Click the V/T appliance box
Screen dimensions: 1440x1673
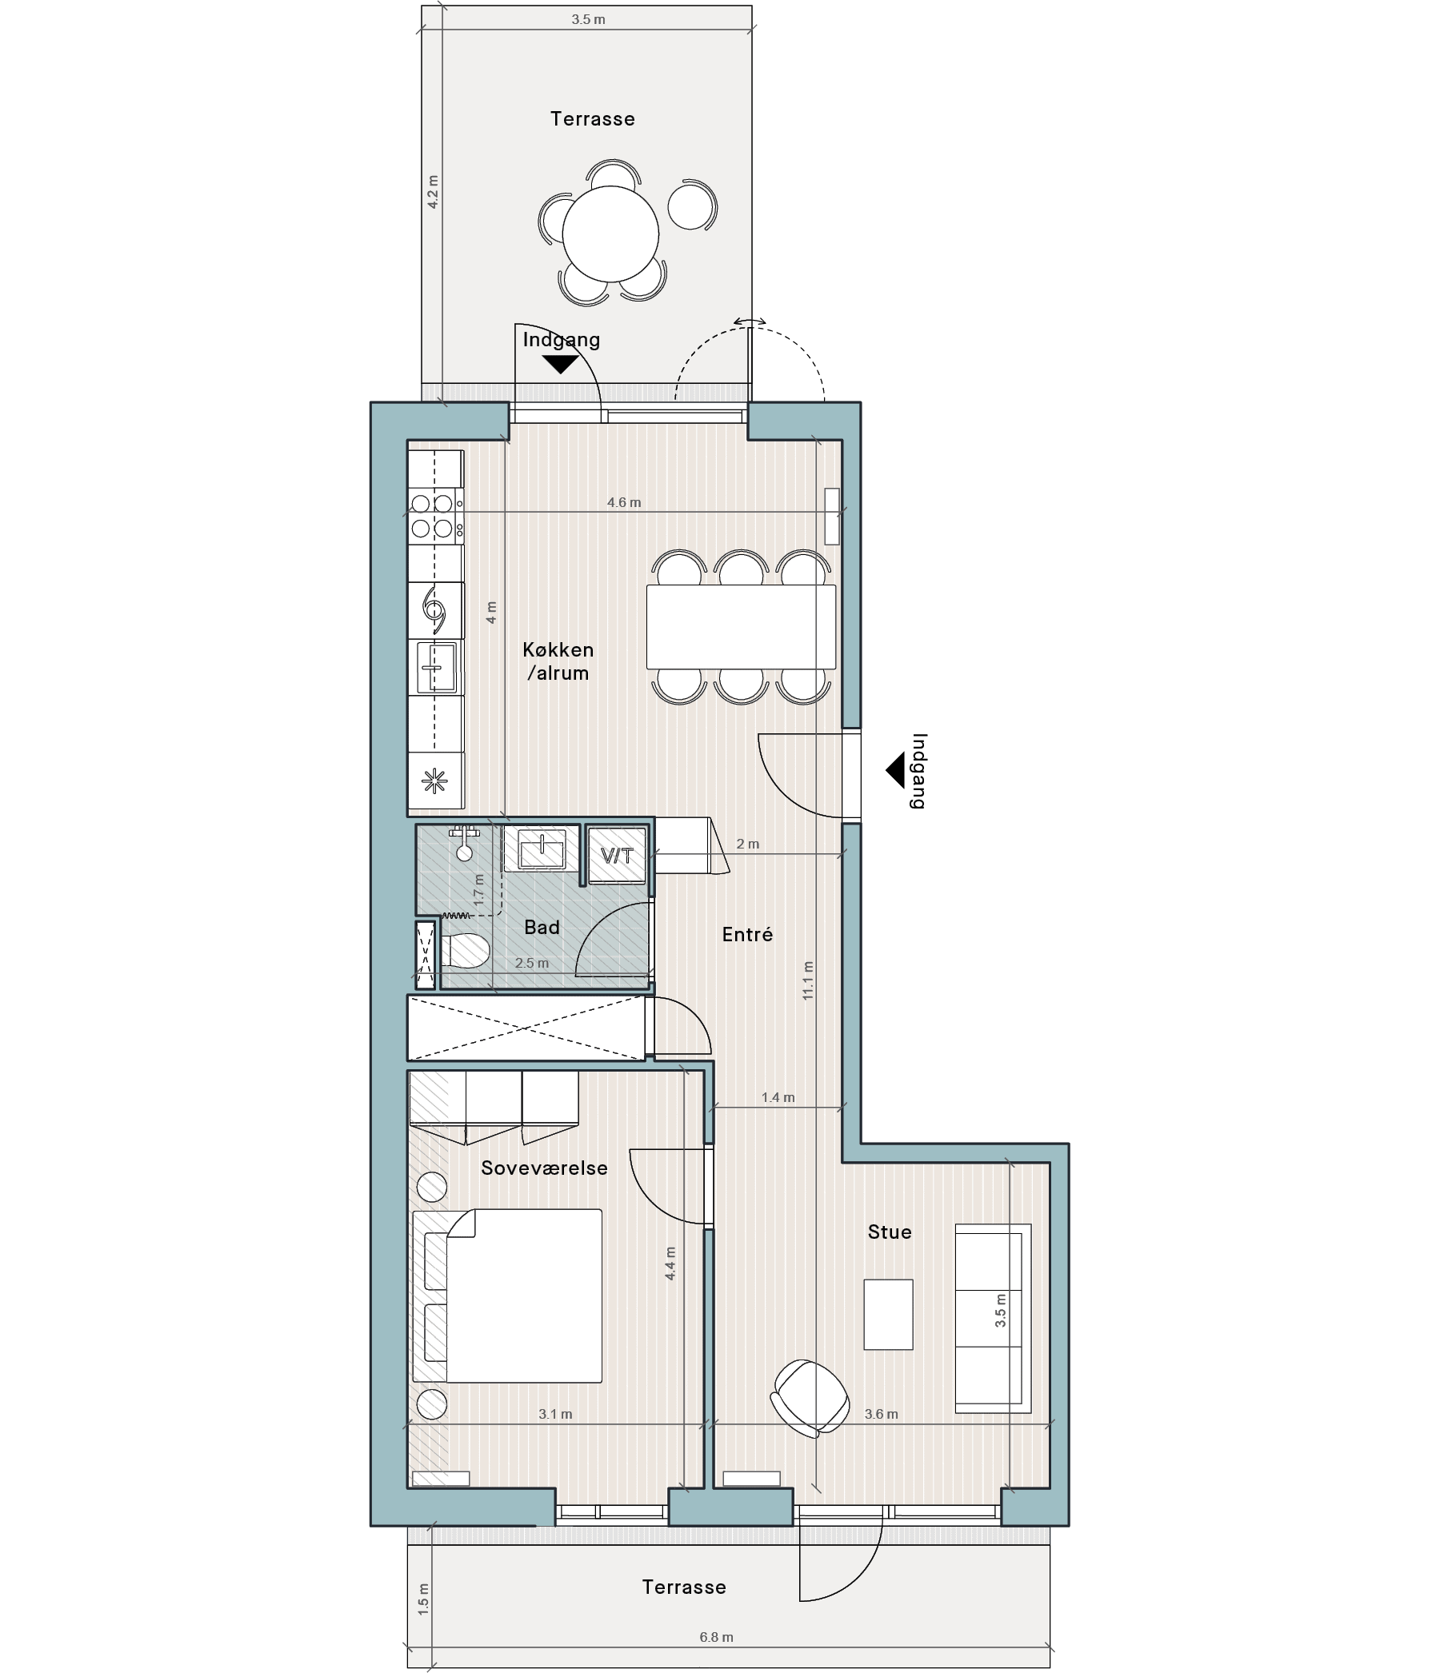[x=617, y=855]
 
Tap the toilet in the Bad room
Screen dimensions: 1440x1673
[x=465, y=951]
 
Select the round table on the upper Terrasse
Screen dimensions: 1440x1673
[x=610, y=234]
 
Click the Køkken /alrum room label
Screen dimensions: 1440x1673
[x=558, y=661]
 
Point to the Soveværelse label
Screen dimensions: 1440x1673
[x=544, y=1168]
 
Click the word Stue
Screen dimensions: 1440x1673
[x=889, y=1232]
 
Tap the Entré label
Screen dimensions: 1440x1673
[x=747, y=934]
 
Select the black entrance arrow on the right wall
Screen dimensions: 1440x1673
[x=895, y=770]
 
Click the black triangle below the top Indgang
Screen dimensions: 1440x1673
[x=560, y=364]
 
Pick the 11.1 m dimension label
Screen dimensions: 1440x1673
[x=809, y=981]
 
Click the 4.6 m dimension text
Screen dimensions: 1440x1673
[x=624, y=502]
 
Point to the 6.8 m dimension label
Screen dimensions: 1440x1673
[x=716, y=1638]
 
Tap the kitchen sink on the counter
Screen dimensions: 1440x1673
[x=436, y=668]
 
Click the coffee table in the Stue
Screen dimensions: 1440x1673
[x=888, y=1314]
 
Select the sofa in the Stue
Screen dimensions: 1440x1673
[x=993, y=1319]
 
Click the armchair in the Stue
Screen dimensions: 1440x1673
[x=810, y=1398]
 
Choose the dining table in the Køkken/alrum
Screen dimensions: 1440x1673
[x=741, y=626]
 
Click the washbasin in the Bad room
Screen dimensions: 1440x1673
[x=542, y=849]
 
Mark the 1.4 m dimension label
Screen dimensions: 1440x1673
[x=778, y=1097]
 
